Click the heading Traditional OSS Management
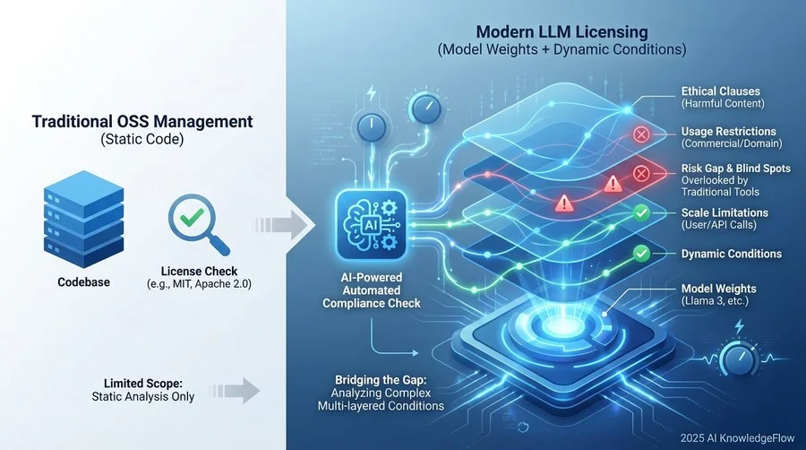coord(142,121)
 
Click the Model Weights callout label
coord(719,288)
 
